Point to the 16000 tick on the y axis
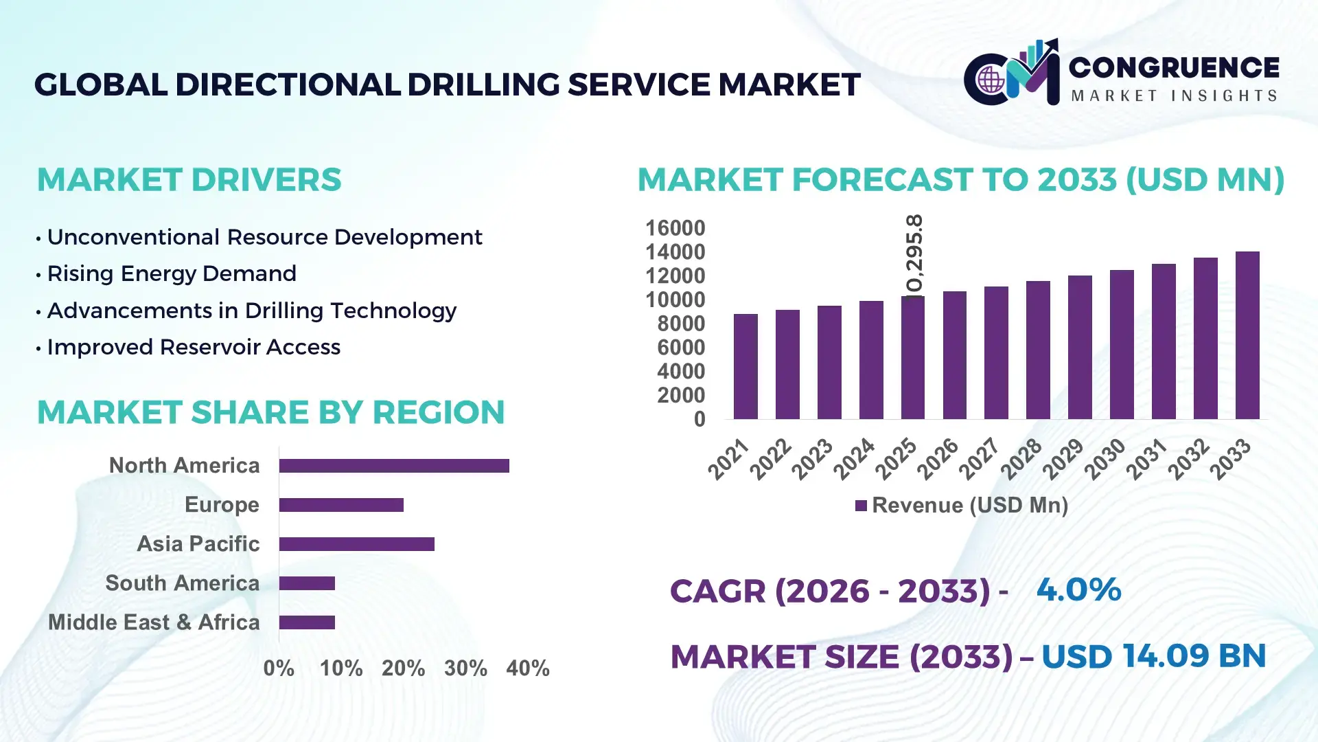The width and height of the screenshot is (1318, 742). [675, 228]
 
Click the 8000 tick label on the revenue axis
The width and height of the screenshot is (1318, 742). [680, 324]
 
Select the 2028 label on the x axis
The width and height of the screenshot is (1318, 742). [1021, 458]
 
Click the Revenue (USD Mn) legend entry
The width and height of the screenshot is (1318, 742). [962, 506]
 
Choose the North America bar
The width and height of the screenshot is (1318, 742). [394, 466]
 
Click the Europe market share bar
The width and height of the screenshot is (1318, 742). [341, 505]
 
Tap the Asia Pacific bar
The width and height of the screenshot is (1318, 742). [356, 544]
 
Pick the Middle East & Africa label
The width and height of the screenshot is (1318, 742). [154, 622]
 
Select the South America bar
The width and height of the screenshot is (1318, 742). [307, 583]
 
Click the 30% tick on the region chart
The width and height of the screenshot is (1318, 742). [465, 668]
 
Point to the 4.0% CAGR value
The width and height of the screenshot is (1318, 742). [1078, 589]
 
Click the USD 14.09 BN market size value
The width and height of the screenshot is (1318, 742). [1153, 656]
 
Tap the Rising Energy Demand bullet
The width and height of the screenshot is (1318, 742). [172, 273]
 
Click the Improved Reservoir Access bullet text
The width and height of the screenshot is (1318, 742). [194, 347]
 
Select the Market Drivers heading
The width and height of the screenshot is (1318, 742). [189, 180]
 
